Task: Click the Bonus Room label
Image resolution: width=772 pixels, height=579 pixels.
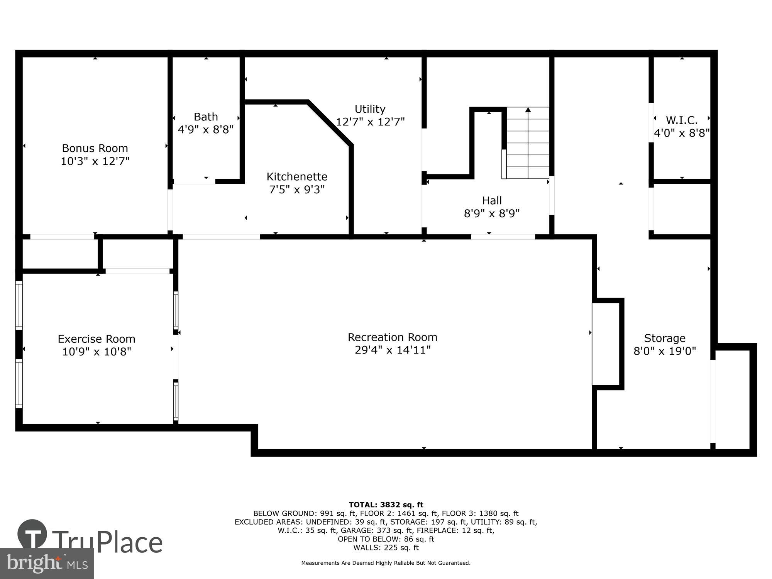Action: (95, 148)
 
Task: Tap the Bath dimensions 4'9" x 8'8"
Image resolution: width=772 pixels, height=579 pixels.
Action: (206, 129)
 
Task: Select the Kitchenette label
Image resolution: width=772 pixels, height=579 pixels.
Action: (297, 177)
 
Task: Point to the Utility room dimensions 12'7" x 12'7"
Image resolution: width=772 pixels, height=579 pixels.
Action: (370, 122)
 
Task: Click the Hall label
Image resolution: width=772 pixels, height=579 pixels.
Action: (492, 200)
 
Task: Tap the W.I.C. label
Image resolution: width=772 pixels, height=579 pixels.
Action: (682, 120)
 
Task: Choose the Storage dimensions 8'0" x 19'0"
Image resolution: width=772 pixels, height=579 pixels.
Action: (665, 351)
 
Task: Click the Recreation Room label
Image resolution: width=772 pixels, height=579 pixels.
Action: (393, 337)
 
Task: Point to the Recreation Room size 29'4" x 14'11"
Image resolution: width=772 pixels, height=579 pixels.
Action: (393, 350)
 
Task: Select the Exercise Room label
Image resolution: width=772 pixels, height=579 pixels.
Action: (96, 339)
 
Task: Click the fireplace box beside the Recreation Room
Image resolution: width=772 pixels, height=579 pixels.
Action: (606, 344)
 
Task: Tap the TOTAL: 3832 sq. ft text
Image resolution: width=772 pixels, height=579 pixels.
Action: (386, 505)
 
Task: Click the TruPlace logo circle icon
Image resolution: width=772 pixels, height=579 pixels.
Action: (32, 534)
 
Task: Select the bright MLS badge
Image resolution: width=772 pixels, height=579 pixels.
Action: (47, 564)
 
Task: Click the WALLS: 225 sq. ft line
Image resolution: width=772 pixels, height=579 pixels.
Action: (386, 547)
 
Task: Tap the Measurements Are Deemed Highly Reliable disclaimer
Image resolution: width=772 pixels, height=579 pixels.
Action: (386, 563)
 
